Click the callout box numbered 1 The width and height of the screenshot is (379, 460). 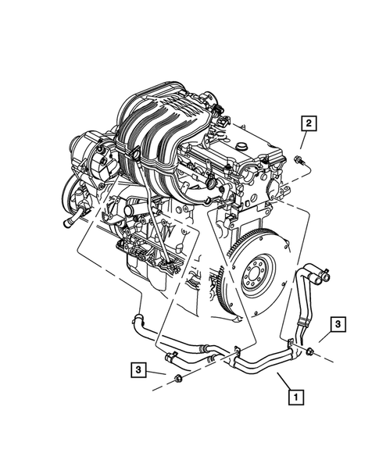coord(295,398)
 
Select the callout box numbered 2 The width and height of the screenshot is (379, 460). coord(310,123)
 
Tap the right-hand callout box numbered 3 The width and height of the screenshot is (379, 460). coord(337,323)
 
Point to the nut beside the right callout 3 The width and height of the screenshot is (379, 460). coord(311,348)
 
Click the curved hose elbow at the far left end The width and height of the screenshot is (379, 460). coord(138,319)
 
